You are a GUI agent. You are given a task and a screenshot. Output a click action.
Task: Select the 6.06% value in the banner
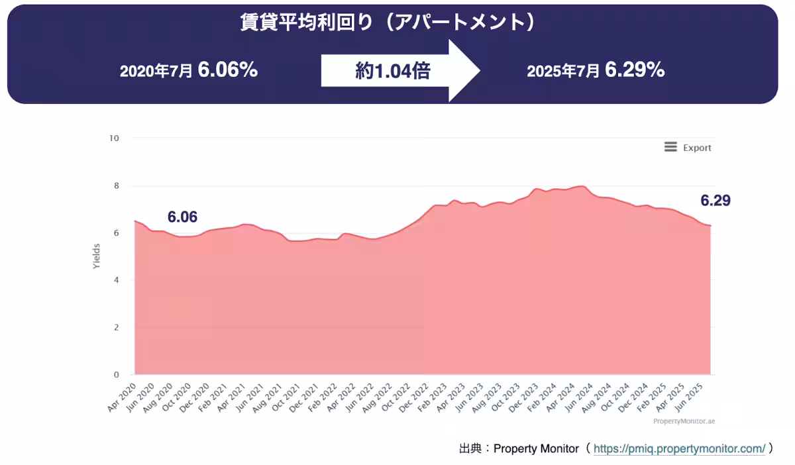point(227,70)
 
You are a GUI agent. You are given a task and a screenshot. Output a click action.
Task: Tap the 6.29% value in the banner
point(635,70)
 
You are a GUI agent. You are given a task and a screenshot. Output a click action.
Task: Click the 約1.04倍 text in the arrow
point(393,72)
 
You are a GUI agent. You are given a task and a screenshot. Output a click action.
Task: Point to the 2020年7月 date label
point(156,72)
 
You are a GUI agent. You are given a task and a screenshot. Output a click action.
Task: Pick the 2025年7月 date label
point(563,72)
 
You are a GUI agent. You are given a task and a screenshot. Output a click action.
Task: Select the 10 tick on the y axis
point(114,138)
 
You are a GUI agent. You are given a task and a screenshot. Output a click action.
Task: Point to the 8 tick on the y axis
point(116,186)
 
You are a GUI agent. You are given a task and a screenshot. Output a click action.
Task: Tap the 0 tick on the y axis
point(116,375)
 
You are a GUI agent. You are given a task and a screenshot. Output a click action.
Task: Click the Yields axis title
point(97,256)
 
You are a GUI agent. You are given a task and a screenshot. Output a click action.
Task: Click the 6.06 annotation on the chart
point(182,217)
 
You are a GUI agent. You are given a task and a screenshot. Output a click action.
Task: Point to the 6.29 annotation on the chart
point(715,201)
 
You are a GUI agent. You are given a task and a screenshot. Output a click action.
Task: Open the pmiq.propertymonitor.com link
point(679,448)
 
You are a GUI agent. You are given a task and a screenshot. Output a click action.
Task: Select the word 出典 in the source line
point(470,448)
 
